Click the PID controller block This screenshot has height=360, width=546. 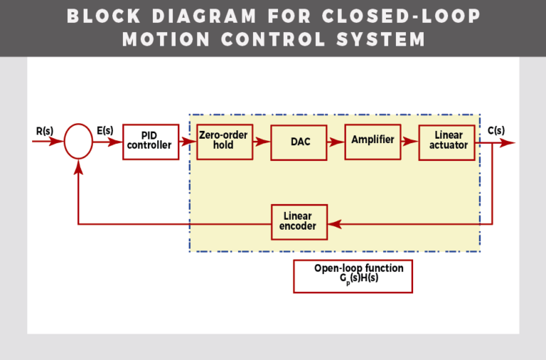pyautogui.click(x=149, y=142)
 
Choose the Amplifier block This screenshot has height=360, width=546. pyautogui.click(x=373, y=141)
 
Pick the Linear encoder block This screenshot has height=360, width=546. pyautogui.click(x=299, y=222)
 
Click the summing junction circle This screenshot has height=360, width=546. pyautogui.click(x=78, y=142)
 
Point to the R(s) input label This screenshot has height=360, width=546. pyautogui.click(x=44, y=131)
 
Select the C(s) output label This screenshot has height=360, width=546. pyautogui.click(x=496, y=130)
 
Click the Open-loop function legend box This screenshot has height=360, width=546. pyautogui.click(x=353, y=275)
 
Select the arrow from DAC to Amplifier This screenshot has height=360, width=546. pyautogui.click(x=336, y=142)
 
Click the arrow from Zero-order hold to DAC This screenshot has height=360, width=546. pyautogui.click(x=262, y=142)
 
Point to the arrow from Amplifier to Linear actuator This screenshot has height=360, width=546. pyautogui.click(x=409, y=142)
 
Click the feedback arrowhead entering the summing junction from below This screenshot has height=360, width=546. pyautogui.click(x=78, y=165)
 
